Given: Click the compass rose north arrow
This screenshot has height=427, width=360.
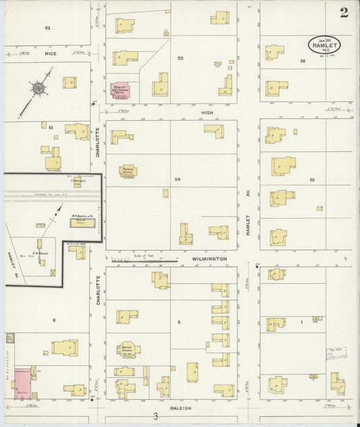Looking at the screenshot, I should tap(38, 88).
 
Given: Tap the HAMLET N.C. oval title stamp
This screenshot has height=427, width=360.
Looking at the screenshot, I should tap(324, 44).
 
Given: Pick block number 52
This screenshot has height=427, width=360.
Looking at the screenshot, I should tap(47, 28).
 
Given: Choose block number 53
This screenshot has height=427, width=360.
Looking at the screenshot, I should tap(180, 58).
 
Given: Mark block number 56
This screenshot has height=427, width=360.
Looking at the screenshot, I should tap(303, 61).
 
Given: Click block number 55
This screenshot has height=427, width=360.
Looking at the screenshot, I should tap(312, 180).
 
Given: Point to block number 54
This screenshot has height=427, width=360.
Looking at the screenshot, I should tap(178, 179).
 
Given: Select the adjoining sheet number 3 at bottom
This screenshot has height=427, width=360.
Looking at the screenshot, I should tap(155, 416).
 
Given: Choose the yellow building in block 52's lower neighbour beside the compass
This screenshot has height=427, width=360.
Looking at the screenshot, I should tap(68, 82).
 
